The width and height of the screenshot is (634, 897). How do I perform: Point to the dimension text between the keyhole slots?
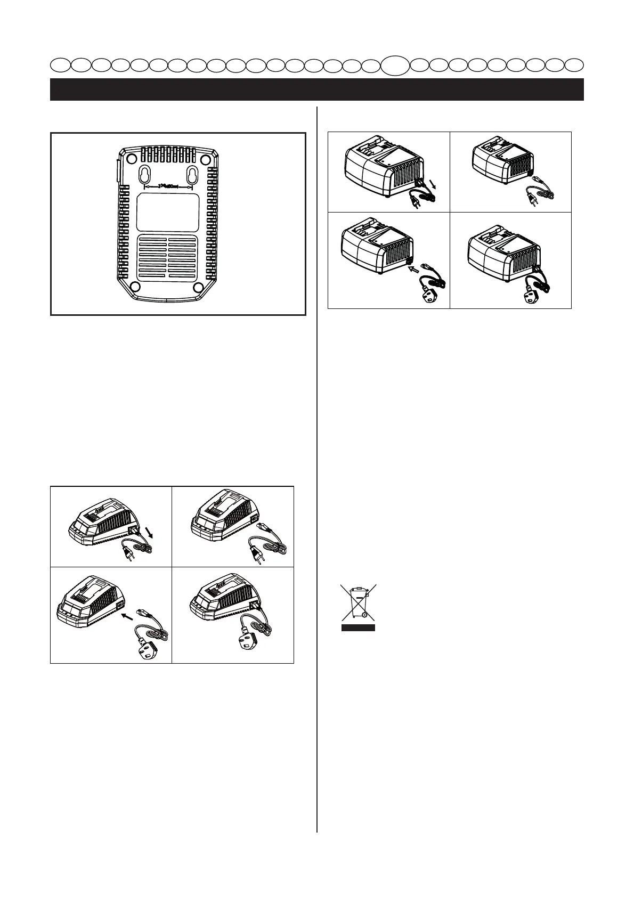[x=168, y=186]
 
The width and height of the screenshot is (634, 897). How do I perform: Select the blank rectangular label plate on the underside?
[x=168, y=212]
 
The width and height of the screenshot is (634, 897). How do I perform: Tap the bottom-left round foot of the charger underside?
[x=135, y=287]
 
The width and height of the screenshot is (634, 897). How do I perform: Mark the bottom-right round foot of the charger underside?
[x=200, y=287]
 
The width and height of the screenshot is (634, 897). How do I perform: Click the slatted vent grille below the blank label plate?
[x=168, y=258]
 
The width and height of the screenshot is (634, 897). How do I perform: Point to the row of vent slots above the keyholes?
[x=168, y=155]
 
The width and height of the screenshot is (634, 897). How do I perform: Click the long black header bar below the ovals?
[x=316, y=89]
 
